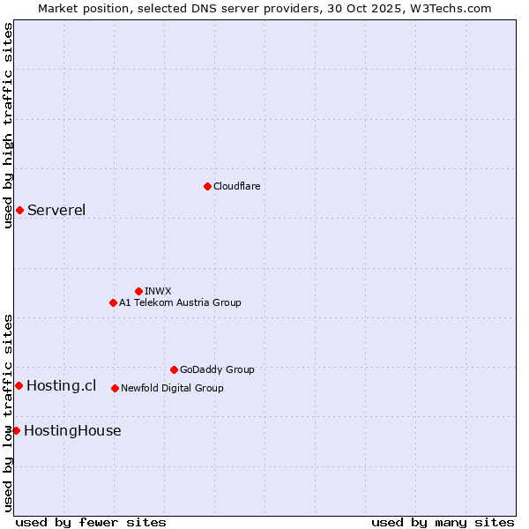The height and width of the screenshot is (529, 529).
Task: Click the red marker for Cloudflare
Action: tap(207, 186)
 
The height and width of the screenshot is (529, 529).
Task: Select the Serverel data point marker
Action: tap(19, 210)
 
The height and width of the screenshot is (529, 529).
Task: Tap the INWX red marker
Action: tap(138, 291)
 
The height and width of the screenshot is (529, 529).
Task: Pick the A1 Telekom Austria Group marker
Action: tap(113, 302)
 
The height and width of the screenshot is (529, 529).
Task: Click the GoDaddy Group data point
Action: tap(174, 369)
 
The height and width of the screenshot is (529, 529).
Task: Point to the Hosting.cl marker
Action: tap(19, 385)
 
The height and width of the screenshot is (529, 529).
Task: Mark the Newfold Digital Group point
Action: tap(115, 388)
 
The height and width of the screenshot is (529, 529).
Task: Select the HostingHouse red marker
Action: tap(16, 430)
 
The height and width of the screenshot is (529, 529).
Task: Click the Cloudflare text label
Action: tap(236, 186)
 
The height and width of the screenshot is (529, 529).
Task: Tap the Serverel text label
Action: tap(56, 210)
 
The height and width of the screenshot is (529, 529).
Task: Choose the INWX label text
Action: tap(158, 291)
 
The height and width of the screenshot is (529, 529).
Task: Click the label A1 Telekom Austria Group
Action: tap(180, 302)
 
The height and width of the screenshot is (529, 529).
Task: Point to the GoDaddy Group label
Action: tap(217, 369)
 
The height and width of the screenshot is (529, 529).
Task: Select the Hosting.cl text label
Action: tap(61, 385)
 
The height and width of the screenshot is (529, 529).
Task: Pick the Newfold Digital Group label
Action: tap(172, 388)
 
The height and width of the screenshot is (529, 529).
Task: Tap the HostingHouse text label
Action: tap(72, 430)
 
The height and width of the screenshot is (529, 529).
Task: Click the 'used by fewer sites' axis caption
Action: tap(91, 522)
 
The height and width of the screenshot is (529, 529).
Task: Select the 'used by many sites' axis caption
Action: tap(443, 522)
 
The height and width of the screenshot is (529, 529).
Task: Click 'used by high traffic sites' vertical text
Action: tap(8, 126)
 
